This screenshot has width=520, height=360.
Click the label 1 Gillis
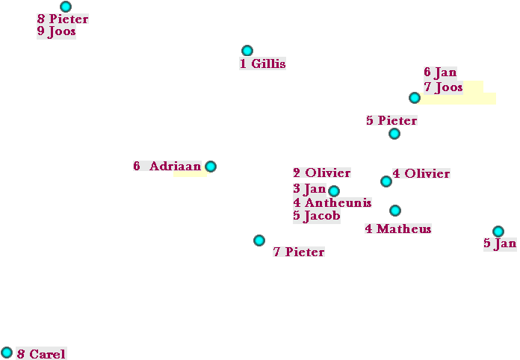[262, 64]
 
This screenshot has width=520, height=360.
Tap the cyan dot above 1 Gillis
[247, 51]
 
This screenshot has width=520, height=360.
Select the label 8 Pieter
[63, 19]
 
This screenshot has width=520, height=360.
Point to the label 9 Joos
[56, 32]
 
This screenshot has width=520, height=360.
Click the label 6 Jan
[440, 72]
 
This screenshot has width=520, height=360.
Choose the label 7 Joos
[443, 87]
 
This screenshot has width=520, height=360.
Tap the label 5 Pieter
[391, 120]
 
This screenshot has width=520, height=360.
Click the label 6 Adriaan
[167, 167]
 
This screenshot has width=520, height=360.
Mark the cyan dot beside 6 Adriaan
[211, 167]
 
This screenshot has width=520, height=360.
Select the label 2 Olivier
[321, 173]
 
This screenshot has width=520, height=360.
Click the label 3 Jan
[309, 189]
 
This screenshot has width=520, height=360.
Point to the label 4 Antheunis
[332, 202]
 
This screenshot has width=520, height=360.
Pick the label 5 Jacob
[317, 216]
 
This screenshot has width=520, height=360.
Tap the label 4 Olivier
[421, 174]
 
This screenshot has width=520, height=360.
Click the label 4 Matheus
[398, 229]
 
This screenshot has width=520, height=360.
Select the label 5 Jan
[500, 243]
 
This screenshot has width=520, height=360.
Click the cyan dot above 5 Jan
[498, 232]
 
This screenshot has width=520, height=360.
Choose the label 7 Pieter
[299, 252]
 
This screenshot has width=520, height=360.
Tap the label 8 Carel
[41, 354]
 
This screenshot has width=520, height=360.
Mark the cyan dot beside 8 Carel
[7, 353]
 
